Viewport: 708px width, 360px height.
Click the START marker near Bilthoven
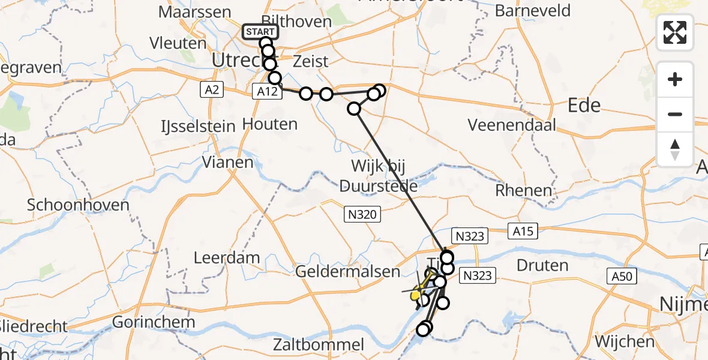[x=260, y=32]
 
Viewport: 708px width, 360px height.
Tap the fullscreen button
[x=675, y=32]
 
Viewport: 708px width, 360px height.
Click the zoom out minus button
[x=675, y=114]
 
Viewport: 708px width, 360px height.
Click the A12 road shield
[x=265, y=91]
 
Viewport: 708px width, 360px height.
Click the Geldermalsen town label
[x=348, y=271]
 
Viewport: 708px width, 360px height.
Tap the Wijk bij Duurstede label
[x=378, y=175]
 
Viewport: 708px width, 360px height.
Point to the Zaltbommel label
[x=319, y=344]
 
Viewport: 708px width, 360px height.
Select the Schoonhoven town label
[x=78, y=205]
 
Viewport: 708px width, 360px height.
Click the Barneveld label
[x=533, y=11]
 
